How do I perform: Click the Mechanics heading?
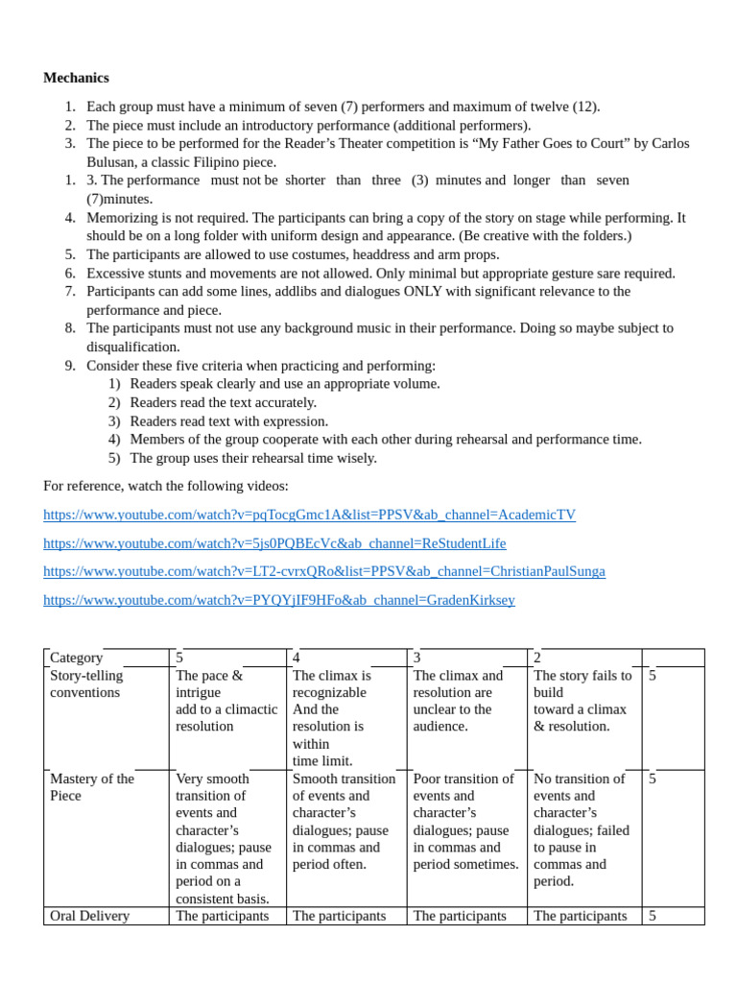76,78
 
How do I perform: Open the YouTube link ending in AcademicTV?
309,515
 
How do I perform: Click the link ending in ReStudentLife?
274,543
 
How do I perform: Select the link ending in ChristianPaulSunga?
324,571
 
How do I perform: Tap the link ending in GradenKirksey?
278,600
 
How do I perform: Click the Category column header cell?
77,658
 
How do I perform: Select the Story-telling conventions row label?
86,683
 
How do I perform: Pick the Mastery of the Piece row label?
91,787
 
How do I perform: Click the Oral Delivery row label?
89,916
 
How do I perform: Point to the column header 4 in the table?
297,658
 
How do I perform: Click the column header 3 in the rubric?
417,658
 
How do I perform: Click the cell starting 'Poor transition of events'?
465,821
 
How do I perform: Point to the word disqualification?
132,347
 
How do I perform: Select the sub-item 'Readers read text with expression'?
228,420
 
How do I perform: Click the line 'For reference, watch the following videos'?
165,486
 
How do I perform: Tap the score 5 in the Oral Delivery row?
653,916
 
